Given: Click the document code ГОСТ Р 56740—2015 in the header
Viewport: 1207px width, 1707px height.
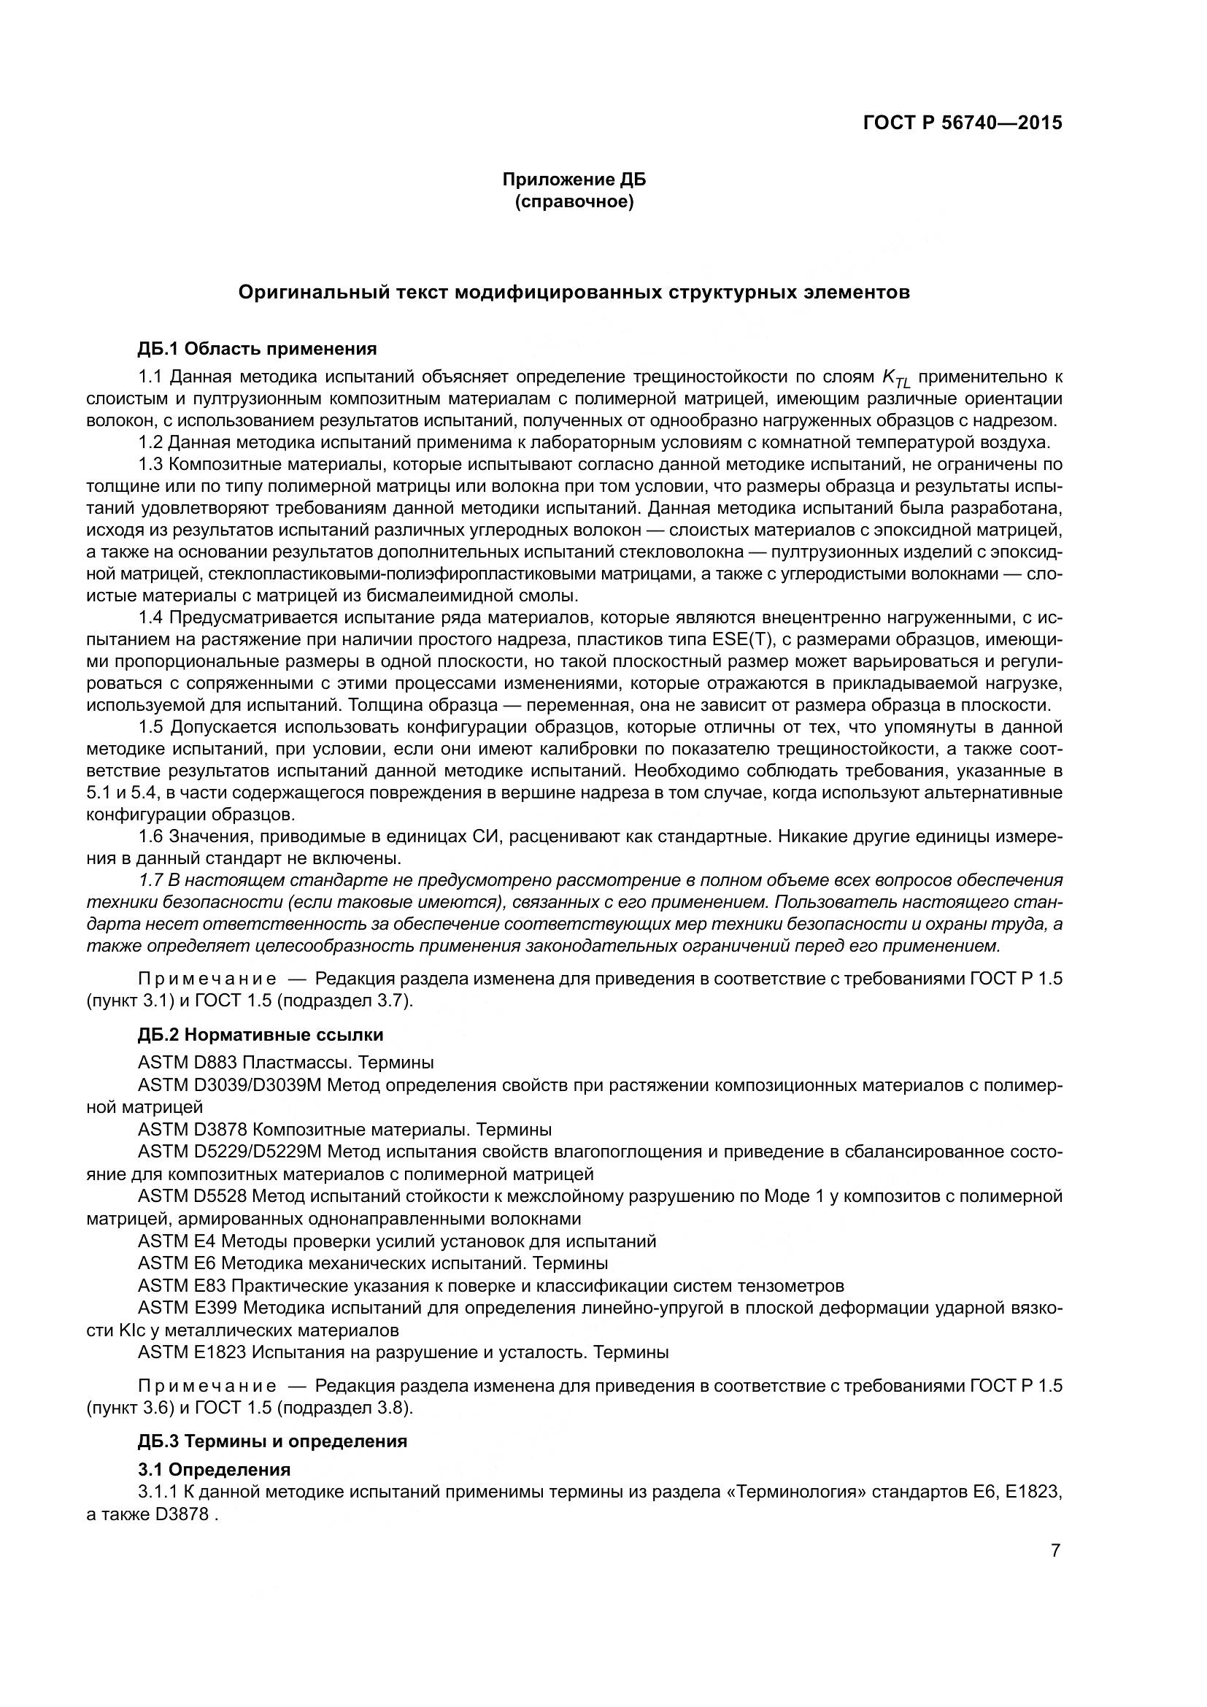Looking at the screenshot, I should tap(963, 123).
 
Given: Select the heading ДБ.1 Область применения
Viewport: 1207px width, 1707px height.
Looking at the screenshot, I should tap(257, 349).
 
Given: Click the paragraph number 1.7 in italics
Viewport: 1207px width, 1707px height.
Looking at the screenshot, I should tap(150, 880).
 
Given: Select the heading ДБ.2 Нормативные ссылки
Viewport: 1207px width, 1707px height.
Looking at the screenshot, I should tap(261, 1035).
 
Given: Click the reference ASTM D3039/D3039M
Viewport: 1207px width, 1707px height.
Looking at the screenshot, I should tap(229, 1084).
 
